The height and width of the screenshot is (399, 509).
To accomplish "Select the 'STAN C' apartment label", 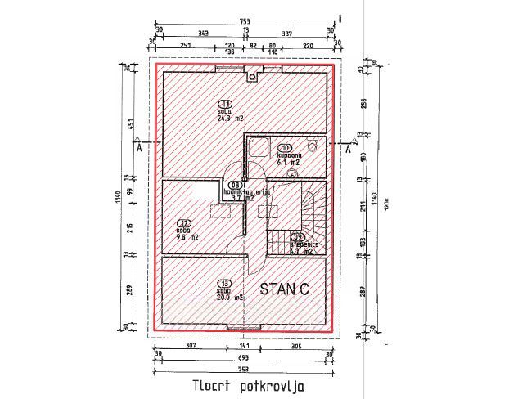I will (x=286, y=289).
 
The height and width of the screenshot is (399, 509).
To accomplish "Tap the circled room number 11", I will (x=225, y=104).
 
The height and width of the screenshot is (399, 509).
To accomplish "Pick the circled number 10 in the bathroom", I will (x=286, y=148).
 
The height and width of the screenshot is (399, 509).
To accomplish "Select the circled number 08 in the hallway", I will (x=236, y=185).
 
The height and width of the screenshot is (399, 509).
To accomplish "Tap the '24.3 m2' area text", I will (x=231, y=118).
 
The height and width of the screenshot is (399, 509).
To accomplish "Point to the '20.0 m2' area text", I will (x=230, y=298).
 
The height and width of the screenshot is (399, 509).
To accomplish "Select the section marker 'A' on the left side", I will (x=140, y=150).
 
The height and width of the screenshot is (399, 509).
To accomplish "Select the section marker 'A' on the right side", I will (x=349, y=150).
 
